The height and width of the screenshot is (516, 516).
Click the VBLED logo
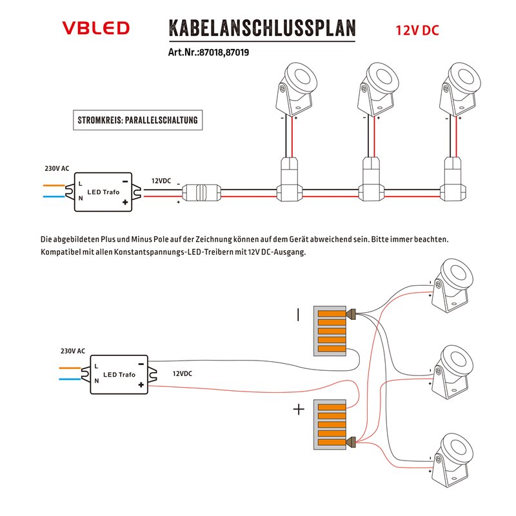point(95,28)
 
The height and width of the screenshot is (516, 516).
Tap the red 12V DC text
point(417,30)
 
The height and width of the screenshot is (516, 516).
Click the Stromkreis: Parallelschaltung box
point(137,121)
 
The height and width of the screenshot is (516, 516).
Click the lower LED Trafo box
point(119,374)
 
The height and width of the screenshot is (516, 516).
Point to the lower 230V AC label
point(72,351)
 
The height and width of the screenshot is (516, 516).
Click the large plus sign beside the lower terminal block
point(299,410)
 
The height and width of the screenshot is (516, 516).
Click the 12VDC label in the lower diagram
point(183,373)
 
